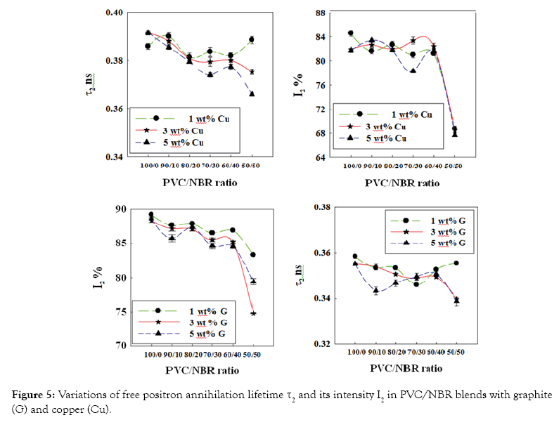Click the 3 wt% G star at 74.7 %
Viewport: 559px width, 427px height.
252,313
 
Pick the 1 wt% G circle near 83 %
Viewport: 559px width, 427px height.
252,255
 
